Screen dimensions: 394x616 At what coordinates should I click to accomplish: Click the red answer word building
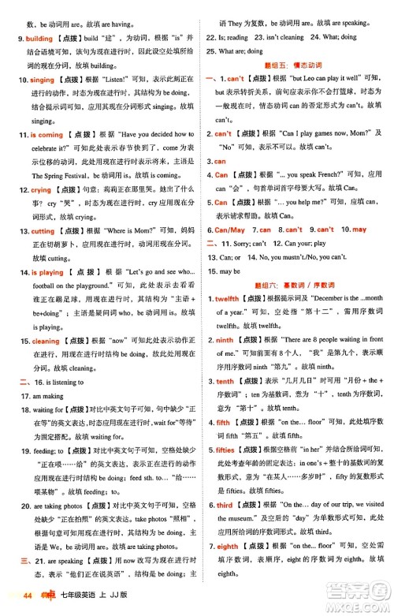(39, 39)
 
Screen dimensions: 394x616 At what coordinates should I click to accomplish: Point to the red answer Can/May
(230, 230)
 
